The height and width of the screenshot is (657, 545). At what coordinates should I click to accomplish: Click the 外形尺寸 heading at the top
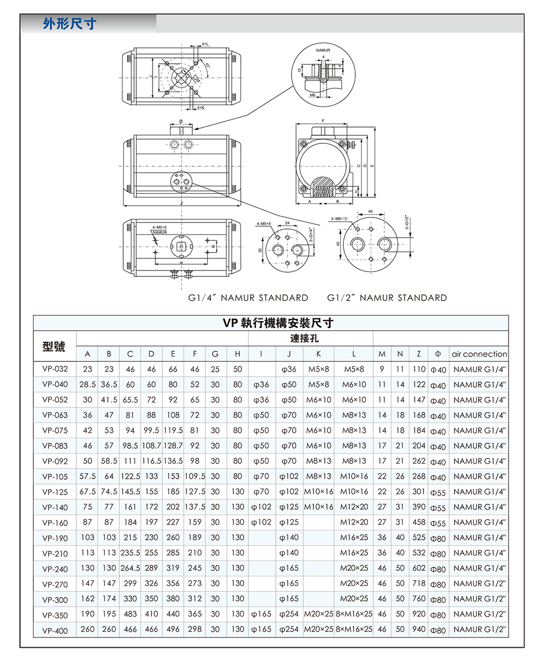click(69, 24)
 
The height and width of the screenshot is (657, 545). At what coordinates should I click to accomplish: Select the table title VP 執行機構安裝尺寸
click(271, 323)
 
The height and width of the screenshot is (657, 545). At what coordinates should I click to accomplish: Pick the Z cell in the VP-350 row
click(419, 614)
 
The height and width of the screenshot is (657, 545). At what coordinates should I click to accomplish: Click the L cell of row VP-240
click(354, 568)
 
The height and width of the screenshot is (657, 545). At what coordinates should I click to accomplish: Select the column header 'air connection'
click(479, 354)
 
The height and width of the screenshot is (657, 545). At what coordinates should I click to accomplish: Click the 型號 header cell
click(54, 346)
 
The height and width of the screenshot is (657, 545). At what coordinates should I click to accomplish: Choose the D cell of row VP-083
click(152, 445)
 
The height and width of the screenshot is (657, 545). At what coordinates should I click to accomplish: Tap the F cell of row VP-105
click(195, 476)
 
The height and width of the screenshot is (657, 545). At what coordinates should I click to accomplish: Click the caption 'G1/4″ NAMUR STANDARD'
click(248, 298)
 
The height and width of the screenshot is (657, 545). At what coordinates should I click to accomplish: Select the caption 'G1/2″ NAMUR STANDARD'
click(387, 298)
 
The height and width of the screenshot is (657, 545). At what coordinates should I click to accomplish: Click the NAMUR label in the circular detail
click(323, 50)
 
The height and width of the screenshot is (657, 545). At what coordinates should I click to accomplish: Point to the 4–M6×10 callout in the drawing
click(338, 219)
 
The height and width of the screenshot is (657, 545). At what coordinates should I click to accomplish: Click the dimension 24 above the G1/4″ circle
click(287, 224)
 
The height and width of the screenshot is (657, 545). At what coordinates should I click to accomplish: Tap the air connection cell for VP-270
click(479, 583)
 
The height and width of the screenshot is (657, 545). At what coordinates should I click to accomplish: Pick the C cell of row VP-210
click(130, 553)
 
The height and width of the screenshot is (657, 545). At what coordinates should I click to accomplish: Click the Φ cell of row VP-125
click(438, 492)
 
